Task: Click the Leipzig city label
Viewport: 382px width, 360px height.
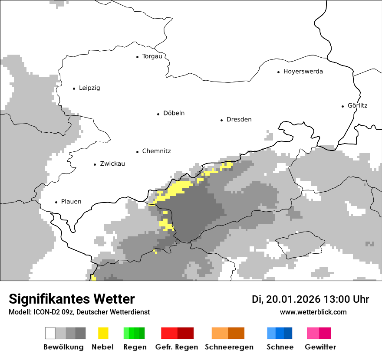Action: [89, 88]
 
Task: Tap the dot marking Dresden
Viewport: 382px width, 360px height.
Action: [221, 120]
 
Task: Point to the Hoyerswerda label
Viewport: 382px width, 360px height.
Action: [303, 72]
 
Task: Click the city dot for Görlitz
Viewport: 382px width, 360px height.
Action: [343, 106]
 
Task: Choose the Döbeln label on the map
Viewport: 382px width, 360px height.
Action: [174, 113]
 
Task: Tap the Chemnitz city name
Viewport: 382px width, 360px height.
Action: [156, 151]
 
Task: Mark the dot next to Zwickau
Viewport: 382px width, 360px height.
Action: [95, 164]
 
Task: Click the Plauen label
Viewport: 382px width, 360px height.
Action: [71, 202]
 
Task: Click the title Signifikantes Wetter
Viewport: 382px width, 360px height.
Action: [72, 299]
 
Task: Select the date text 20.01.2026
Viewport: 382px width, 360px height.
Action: [293, 299]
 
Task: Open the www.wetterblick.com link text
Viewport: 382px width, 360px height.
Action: [313, 312]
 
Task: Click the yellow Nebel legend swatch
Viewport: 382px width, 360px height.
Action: [103, 333]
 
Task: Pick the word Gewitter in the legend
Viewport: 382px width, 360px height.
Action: [320, 347]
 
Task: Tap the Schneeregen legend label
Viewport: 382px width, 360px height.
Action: [229, 347]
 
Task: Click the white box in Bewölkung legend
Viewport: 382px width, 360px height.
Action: [50, 333]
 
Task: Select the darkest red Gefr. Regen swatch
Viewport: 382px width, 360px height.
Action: [185, 333]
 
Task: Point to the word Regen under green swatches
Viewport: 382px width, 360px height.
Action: [135, 347]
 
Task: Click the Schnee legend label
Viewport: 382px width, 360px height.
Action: [280, 347]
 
